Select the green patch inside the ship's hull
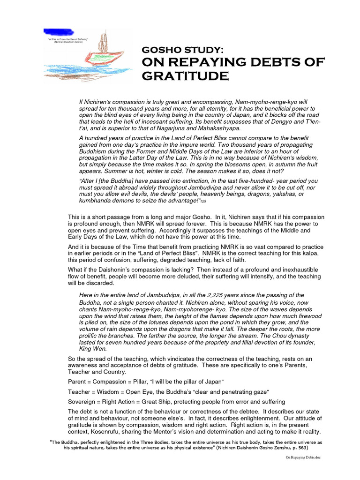[101, 57]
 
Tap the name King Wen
[93, 349]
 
